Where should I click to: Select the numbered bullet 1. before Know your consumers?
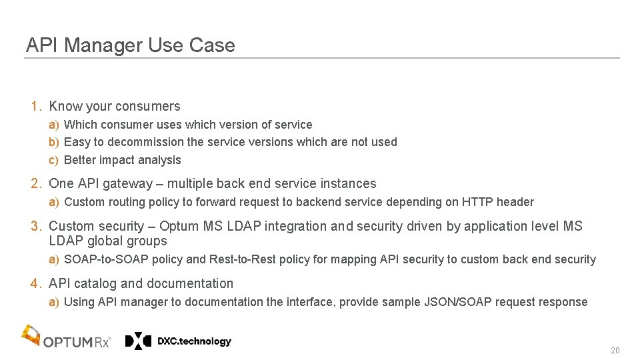click(37, 106)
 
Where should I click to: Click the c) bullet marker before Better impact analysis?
click(54, 160)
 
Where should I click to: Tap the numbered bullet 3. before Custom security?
click(37, 227)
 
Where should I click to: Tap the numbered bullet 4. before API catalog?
click(37, 284)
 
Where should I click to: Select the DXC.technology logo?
click(178, 341)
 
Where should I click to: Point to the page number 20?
click(615, 351)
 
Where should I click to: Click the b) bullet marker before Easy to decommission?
click(54, 142)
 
